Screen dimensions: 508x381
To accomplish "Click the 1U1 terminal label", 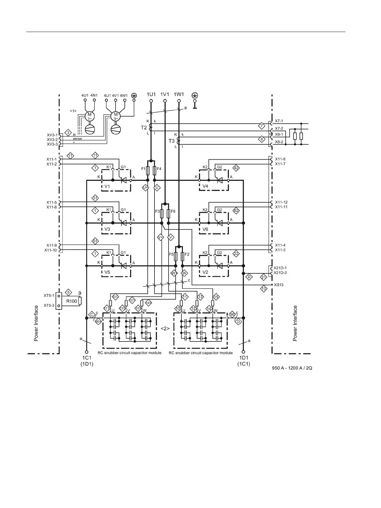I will tap(151, 94).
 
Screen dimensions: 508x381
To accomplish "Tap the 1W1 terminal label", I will tap(179, 94).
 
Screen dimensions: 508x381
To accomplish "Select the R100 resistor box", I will tap(72, 301).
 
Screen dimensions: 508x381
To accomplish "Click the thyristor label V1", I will tap(107, 186).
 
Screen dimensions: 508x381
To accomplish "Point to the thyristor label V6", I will tap(205, 229).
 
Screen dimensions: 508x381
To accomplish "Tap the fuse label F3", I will tap(157, 212).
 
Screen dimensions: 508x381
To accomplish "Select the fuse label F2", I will tap(187, 254).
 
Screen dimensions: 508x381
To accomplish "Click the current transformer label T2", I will tap(144, 127).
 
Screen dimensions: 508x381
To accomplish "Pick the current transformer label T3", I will tap(171, 141).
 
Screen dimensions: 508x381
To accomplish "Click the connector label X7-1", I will tap(279, 121).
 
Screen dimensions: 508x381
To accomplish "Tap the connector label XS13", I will tap(279, 285).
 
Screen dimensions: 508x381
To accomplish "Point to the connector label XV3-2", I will tap(52, 140).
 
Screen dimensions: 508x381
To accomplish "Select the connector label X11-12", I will tap(281, 202).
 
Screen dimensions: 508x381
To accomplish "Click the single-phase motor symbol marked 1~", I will tap(90, 116).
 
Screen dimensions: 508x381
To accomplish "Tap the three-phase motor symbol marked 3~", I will tap(116, 116).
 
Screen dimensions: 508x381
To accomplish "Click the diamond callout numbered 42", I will tap(236, 168).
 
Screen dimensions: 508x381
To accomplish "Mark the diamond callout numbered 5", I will tap(68, 292).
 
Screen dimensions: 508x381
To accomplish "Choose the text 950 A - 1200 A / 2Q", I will tap(292, 368).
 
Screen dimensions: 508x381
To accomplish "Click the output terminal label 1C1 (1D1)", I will tap(87, 361).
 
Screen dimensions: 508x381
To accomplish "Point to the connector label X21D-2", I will tap(280, 273).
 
